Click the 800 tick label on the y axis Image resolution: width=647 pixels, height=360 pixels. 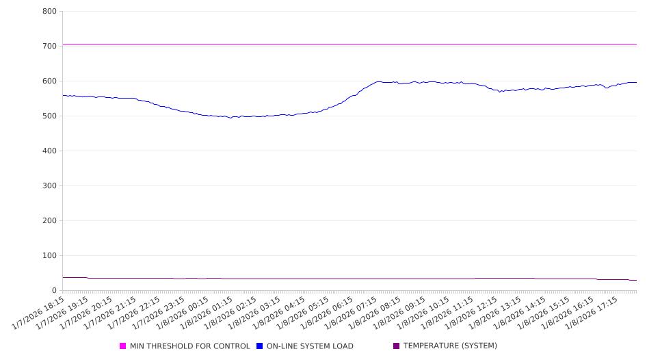[x=49, y=12]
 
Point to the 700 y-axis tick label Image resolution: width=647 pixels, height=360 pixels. [x=49, y=47]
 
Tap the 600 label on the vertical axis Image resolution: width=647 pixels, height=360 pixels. [x=49, y=81]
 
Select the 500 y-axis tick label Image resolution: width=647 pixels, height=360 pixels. [x=49, y=116]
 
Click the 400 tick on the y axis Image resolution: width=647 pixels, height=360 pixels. [x=49, y=151]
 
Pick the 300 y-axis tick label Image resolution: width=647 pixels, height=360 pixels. [x=49, y=186]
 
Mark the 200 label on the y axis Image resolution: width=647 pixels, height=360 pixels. [x=49, y=221]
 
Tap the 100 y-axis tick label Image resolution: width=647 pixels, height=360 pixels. [x=49, y=256]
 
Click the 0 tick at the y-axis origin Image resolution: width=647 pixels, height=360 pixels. [x=53, y=291]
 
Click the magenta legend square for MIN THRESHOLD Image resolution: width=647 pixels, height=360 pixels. [x=123, y=346]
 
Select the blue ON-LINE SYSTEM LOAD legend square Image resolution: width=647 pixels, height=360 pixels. [x=260, y=346]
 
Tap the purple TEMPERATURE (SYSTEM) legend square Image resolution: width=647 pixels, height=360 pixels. [x=397, y=346]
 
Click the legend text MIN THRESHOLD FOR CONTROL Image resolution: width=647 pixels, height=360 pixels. [x=190, y=346]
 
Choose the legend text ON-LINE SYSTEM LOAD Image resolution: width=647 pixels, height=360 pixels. [x=310, y=346]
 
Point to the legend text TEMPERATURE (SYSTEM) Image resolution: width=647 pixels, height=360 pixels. [x=450, y=346]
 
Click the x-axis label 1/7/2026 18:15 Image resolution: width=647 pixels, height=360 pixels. [x=40, y=313]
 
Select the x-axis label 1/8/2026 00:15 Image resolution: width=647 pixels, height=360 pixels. [x=185, y=313]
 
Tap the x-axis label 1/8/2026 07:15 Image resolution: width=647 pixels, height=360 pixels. [x=354, y=313]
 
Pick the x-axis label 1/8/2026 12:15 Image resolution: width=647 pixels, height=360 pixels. [x=474, y=313]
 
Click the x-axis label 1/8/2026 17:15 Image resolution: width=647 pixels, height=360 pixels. [x=594, y=313]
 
